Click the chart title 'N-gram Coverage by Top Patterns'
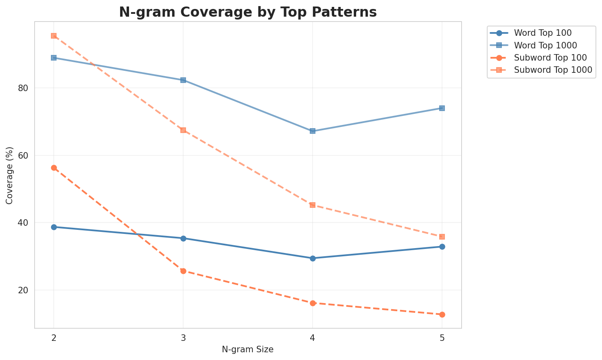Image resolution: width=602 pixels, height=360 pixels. point(247,12)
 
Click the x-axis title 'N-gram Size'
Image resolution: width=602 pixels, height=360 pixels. point(247,349)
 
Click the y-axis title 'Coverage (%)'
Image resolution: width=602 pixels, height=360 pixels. point(9,175)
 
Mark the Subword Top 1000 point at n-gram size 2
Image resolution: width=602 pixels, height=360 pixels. point(54,36)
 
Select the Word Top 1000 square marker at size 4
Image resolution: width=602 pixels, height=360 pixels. point(313,131)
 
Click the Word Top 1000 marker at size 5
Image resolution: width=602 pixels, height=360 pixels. point(442,108)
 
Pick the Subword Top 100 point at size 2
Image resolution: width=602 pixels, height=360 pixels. point(54,168)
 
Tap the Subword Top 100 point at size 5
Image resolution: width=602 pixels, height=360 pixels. point(442,314)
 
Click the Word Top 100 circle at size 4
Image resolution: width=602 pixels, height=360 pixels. point(313,258)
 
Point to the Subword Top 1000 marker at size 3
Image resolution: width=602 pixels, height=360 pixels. point(183,130)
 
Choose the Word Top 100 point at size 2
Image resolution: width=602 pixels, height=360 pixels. point(54,227)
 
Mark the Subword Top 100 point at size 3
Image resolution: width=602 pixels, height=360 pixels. point(183,271)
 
